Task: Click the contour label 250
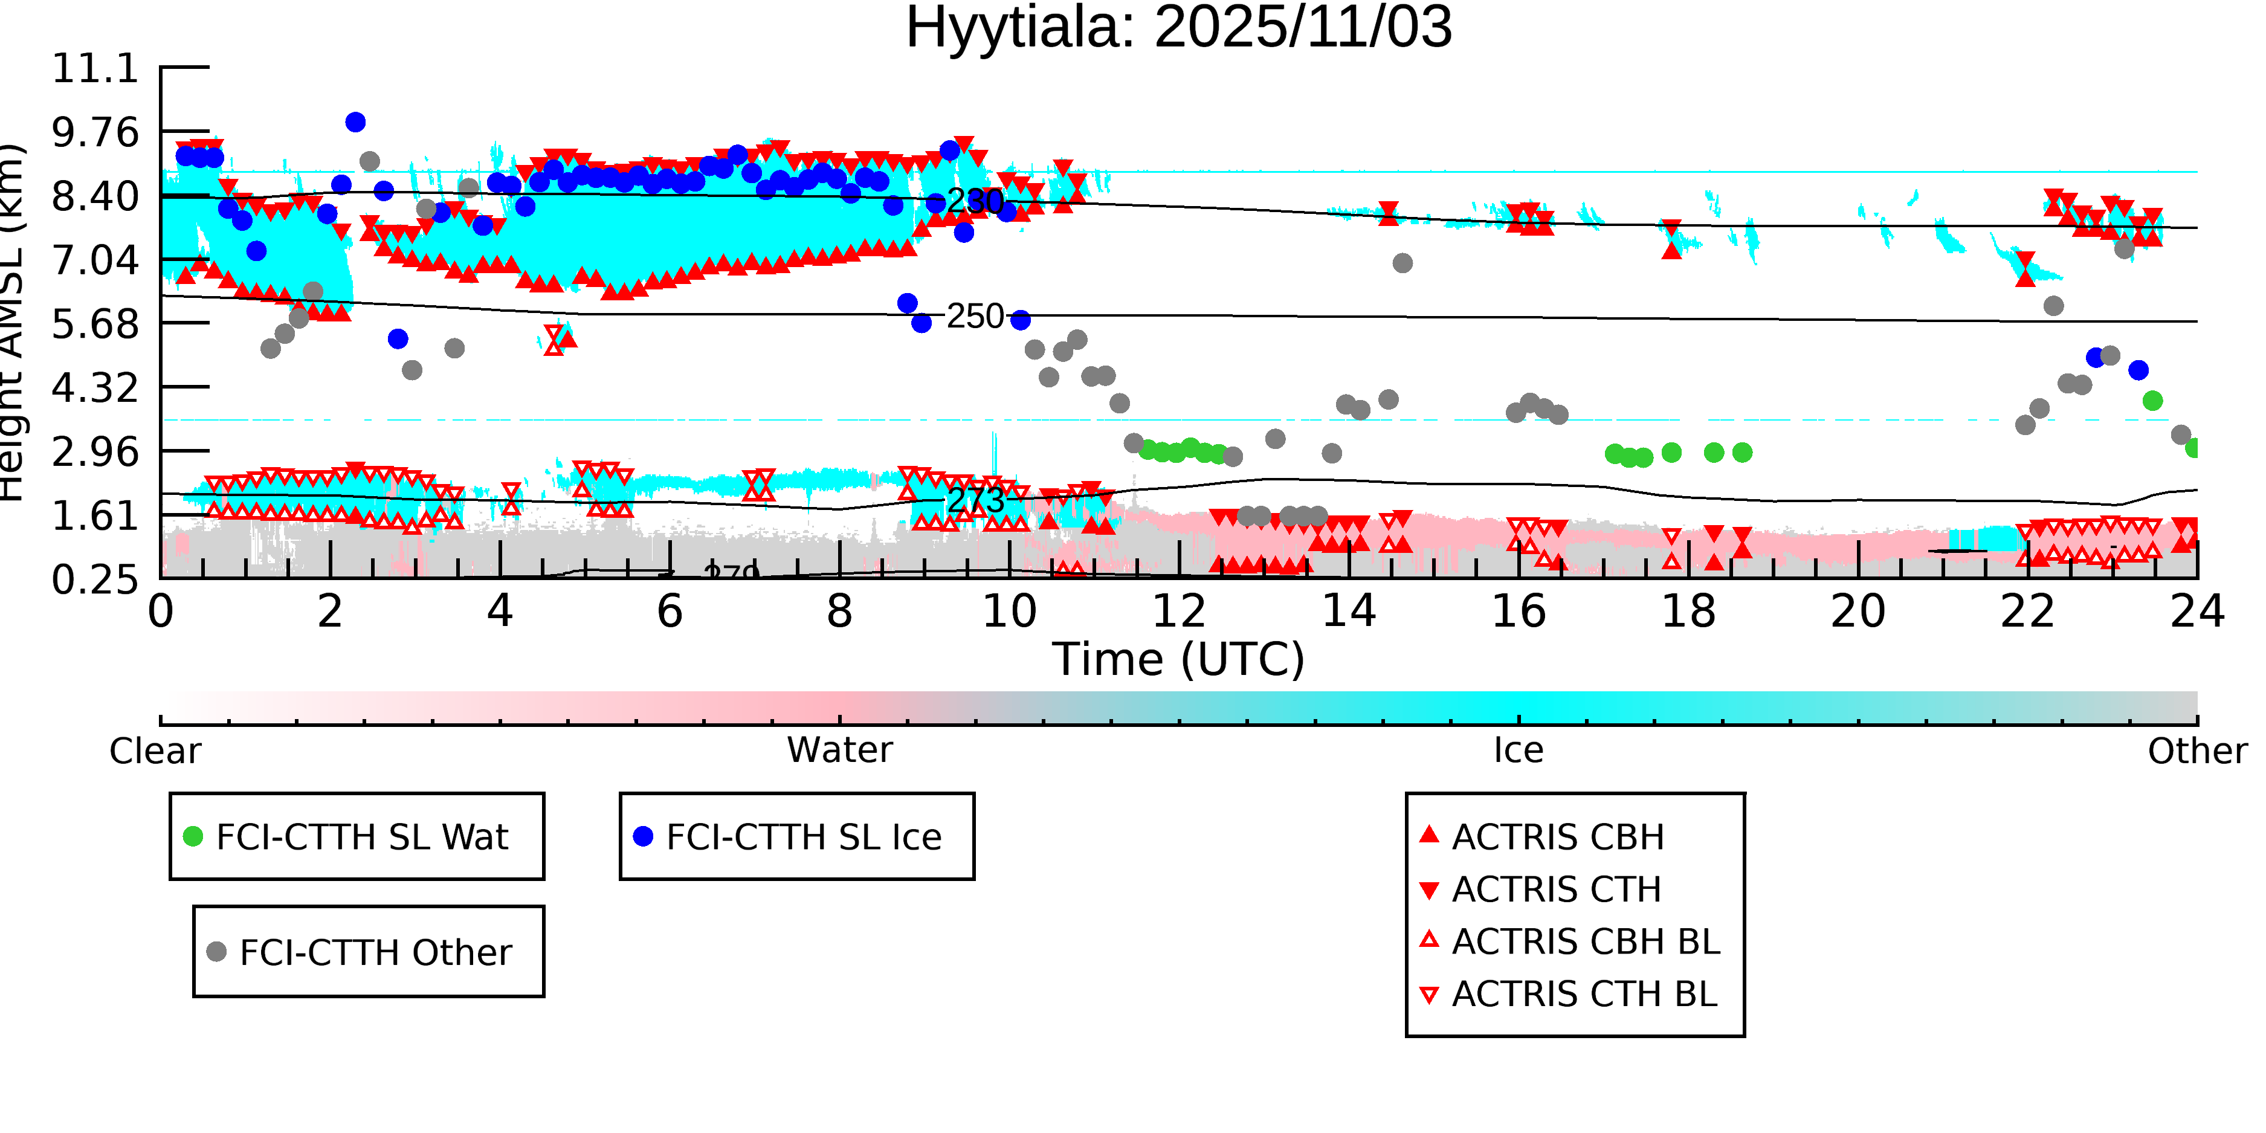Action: click(975, 316)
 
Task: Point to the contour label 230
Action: click(975, 201)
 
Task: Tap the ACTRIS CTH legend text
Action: click(1556, 889)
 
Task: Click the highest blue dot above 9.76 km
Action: click(355, 122)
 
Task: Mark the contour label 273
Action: click(975, 500)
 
